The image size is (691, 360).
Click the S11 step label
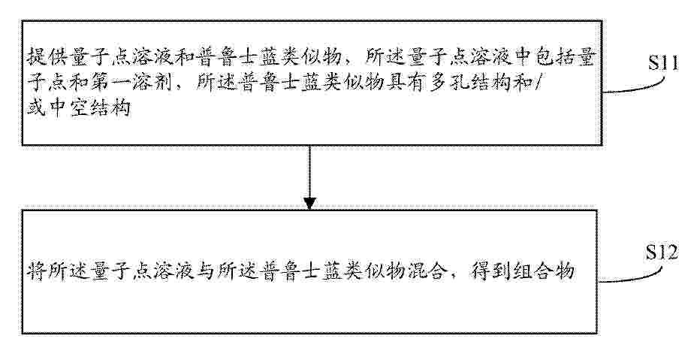(662, 63)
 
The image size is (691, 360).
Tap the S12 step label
(662, 253)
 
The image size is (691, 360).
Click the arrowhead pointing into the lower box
(309, 204)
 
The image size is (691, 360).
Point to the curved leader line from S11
(635, 87)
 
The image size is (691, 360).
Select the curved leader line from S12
(630, 277)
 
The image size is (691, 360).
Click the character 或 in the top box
(37, 107)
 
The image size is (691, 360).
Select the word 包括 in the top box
(554, 57)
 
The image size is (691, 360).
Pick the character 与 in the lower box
(207, 271)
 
